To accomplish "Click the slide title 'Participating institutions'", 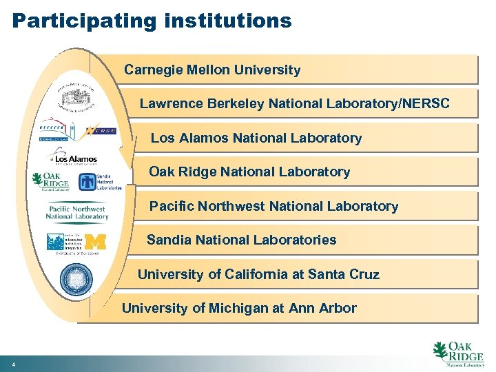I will (x=152, y=20).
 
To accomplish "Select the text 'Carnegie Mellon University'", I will (x=212, y=70).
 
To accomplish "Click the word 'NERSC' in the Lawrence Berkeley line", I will (x=426, y=104).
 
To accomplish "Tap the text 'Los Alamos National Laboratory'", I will (x=256, y=138).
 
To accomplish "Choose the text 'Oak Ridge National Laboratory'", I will (x=249, y=172).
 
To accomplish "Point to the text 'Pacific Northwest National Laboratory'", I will (x=273, y=206).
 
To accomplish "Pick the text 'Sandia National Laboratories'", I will (x=241, y=240).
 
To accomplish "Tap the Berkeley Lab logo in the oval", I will (x=60, y=130).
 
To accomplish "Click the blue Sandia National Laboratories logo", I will (x=100, y=182).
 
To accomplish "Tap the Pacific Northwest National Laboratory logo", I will (x=76, y=212).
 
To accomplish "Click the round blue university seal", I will (x=75, y=280).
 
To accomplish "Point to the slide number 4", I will (x=13, y=364).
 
